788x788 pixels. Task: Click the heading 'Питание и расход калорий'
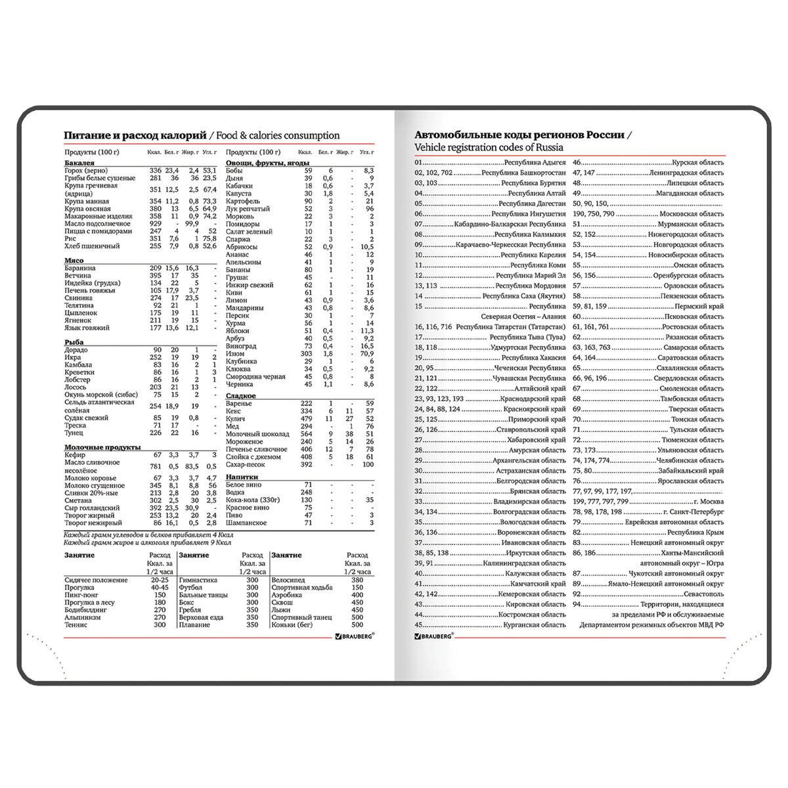point(134,135)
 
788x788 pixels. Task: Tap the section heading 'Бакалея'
point(79,162)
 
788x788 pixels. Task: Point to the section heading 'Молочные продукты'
point(102,447)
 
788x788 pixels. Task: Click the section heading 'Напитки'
point(242,477)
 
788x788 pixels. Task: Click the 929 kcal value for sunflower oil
point(155,224)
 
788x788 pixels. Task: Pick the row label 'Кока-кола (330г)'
point(253,500)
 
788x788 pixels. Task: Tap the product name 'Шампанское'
point(246,523)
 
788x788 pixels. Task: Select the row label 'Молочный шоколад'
point(257,434)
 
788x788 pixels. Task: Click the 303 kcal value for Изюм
point(306,354)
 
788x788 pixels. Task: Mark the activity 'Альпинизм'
point(83,617)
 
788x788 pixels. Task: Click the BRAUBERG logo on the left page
point(355,636)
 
